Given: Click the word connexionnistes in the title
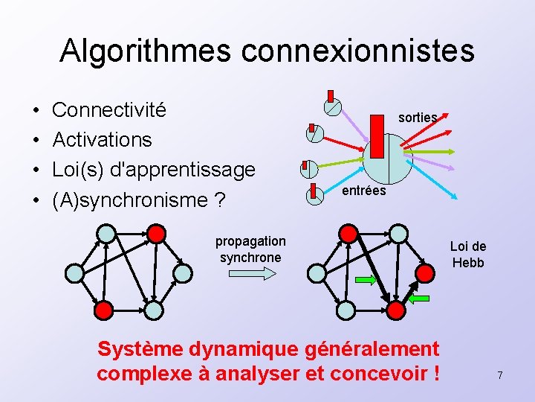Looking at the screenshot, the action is click(x=358, y=51).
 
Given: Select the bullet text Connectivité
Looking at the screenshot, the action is click(x=109, y=110).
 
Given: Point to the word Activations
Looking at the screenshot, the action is click(x=102, y=140).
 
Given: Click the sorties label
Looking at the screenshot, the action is click(x=418, y=118).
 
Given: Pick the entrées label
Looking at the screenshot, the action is click(x=363, y=191).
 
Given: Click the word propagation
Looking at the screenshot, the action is click(x=250, y=241).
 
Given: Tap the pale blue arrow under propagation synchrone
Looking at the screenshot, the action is click(x=250, y=274).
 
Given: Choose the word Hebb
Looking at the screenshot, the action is click(x=467, y=262).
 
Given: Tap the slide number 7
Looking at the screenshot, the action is click(x=500, y=376).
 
